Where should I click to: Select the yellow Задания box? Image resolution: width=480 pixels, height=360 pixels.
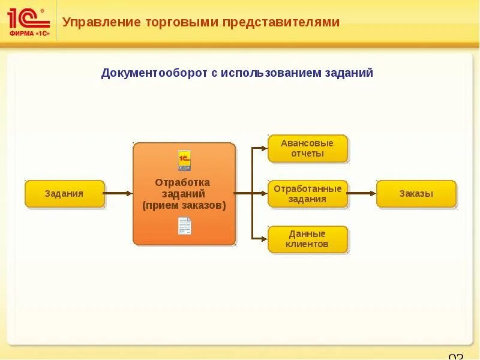(x=64, y=194)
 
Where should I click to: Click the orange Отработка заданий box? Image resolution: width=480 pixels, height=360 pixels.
(x=184, y=194)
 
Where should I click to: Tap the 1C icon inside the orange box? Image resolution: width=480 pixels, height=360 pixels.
(x=184, y=160)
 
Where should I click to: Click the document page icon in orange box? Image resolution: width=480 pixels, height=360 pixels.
(x=184, y=226)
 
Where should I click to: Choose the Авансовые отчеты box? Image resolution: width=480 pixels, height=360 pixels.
(x=307, y=148)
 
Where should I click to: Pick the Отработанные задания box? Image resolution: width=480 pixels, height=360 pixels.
(x=307, y=194)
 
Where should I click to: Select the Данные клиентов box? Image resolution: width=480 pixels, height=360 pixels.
(x=307, y=239)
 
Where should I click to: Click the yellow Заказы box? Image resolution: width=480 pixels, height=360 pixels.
(x=416, y=194)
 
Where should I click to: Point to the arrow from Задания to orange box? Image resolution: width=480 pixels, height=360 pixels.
(x=118, y=193)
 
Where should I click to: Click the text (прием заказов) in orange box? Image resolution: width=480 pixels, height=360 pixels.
(x=184, y=206)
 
